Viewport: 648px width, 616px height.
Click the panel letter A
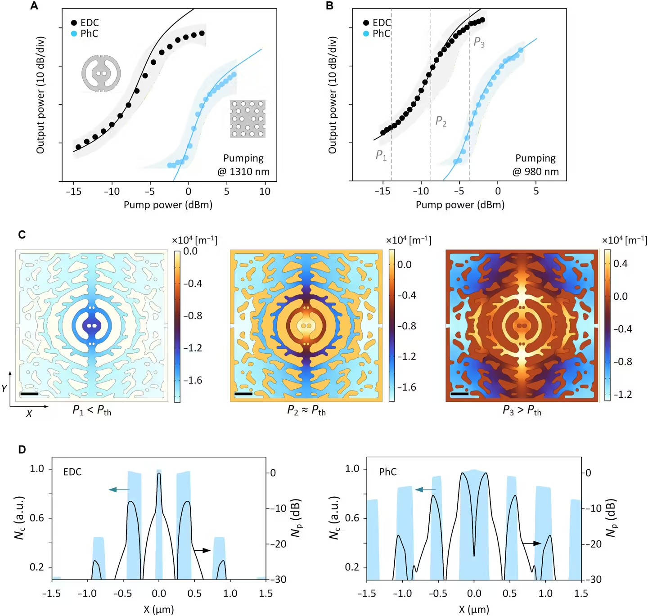point(34,6)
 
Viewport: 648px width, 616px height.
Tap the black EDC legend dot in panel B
point(366,22)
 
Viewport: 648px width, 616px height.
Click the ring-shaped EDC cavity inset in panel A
point(101,73)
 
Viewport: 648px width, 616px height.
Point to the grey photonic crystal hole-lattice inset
point(248,119)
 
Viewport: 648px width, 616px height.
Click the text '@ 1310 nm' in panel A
point(243,172)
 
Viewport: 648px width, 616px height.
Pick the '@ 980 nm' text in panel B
point(535,172)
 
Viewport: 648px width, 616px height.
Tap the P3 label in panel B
point(479,43)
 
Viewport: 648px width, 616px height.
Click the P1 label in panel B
point(381,155)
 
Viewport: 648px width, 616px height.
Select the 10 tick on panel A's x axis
point(265,191)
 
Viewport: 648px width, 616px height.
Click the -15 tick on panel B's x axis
point(382,191)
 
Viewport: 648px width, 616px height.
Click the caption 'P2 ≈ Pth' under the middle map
point(306,411)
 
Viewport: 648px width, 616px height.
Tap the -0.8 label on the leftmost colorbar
point(193,316)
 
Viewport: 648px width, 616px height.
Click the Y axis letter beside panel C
point(4,388)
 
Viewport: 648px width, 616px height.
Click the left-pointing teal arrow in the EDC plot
point(119,490)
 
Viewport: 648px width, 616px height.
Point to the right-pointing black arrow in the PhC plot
point(531,544)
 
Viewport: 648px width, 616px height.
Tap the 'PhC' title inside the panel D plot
point(388,472)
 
